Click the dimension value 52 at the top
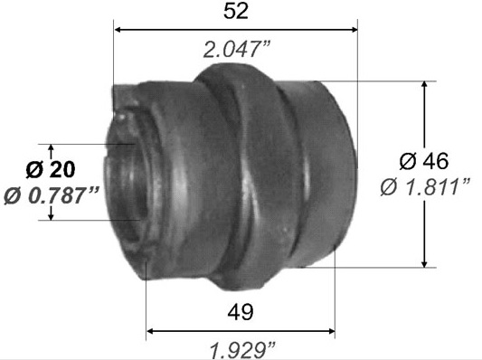[x=235, y=12]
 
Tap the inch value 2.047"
[x=236, y=50]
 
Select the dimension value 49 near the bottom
[x=241, y=311]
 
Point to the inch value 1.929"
[x=242, y=350]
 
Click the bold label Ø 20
[x=51, y=169]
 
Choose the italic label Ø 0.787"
[x=52, y=195]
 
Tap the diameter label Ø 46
[x=424, y=161]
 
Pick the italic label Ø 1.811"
[x=425, y=187]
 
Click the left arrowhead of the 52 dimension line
[x=118, y=30]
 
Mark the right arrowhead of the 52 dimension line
[x=354, y=30]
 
